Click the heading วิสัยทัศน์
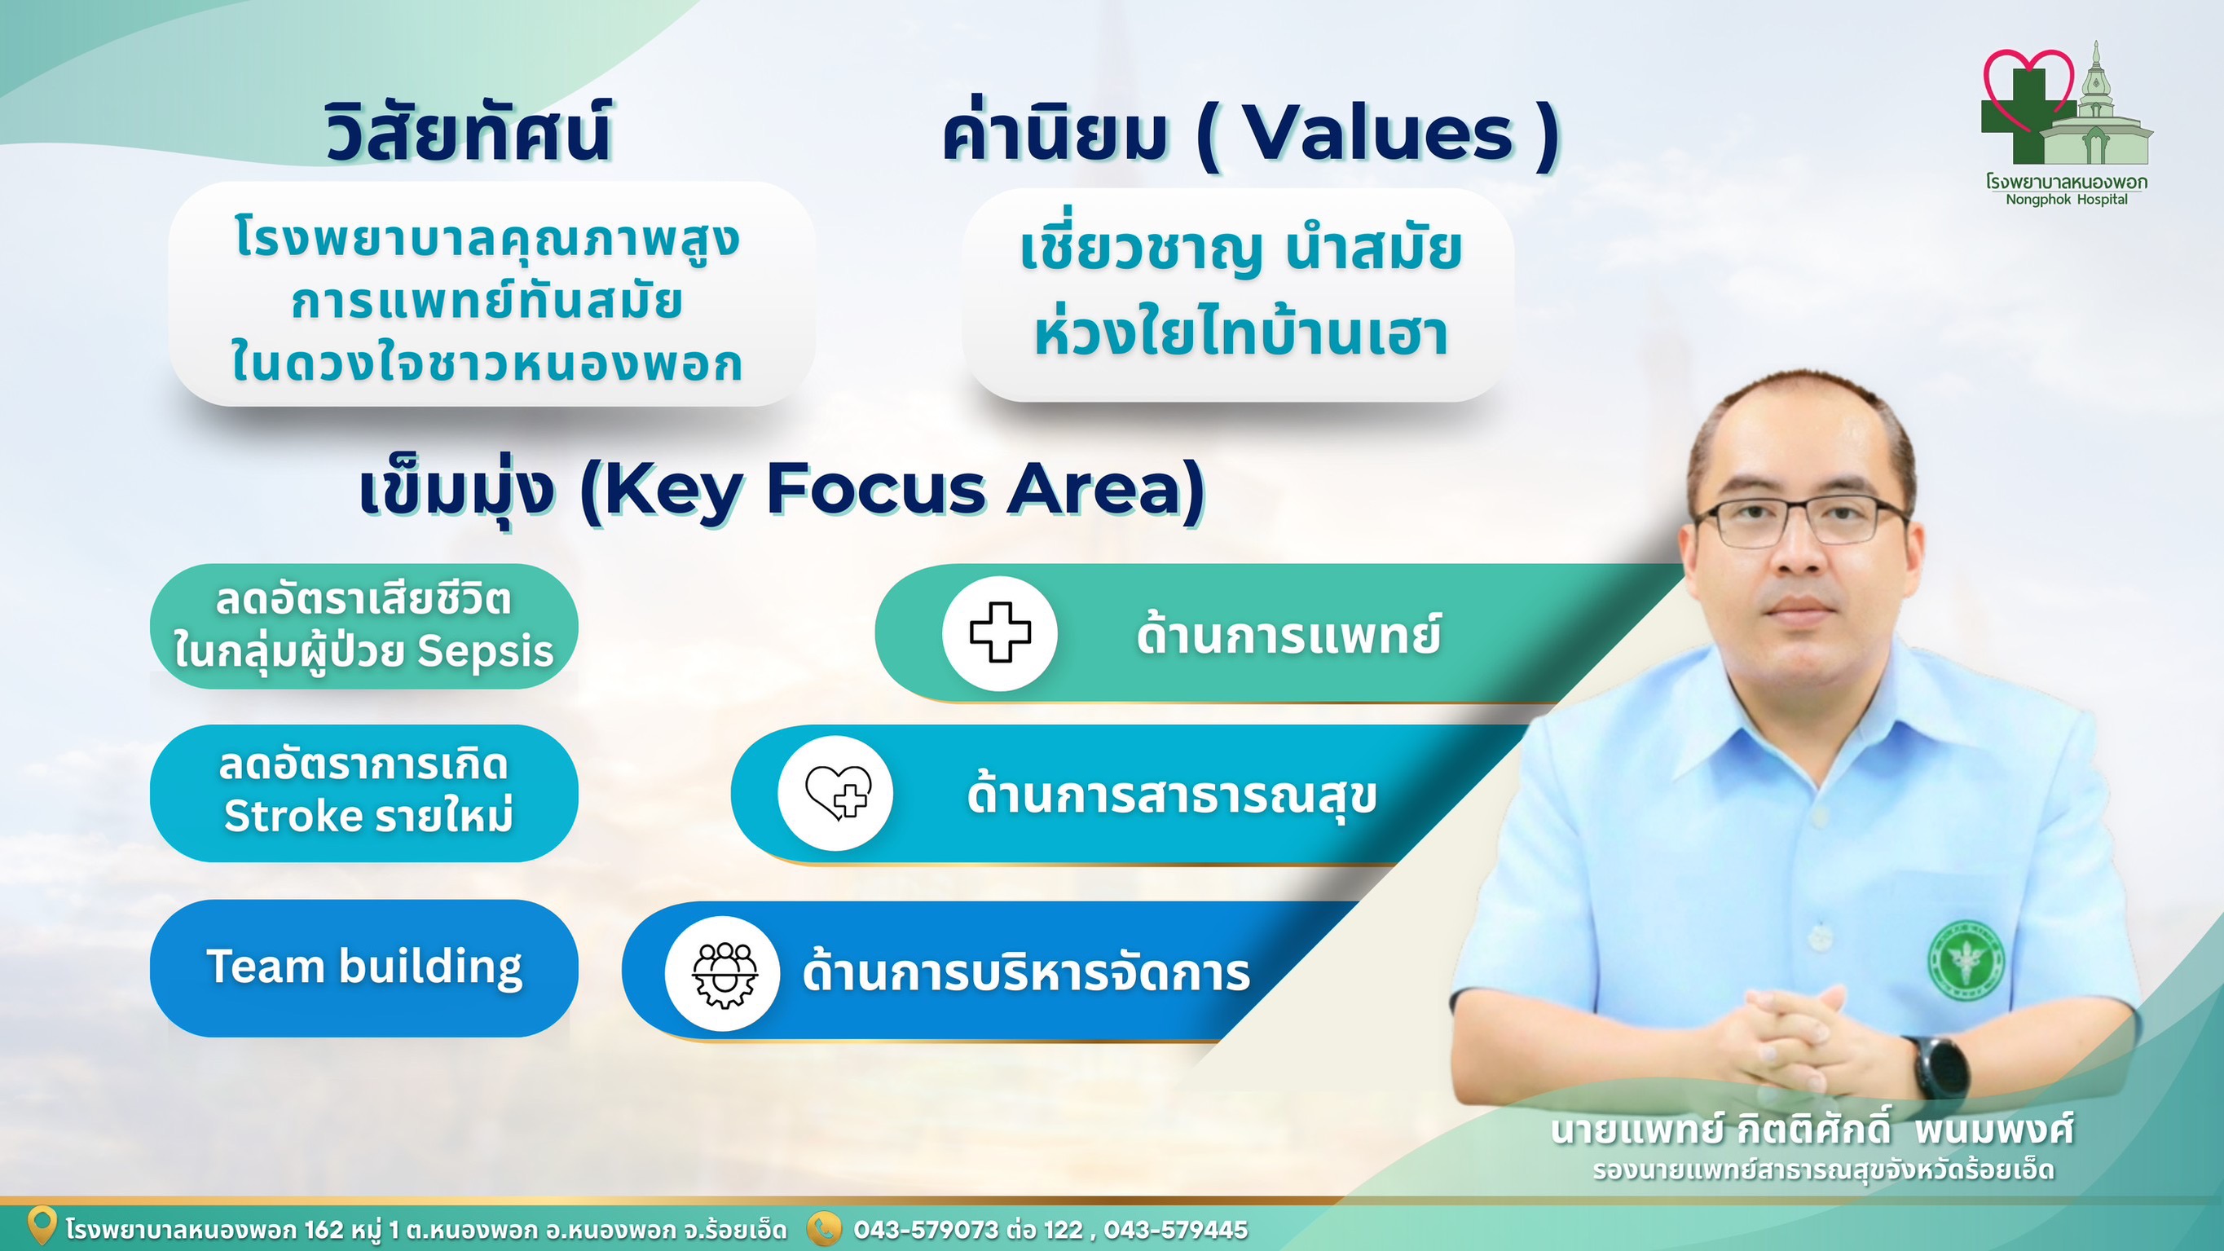469,131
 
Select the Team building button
364,968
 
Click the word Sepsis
485,652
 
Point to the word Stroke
293,816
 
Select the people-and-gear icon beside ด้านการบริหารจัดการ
724,974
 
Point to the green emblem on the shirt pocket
1966,960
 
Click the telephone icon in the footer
824,1228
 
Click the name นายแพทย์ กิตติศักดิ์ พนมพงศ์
1811,1130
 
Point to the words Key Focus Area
892,490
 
